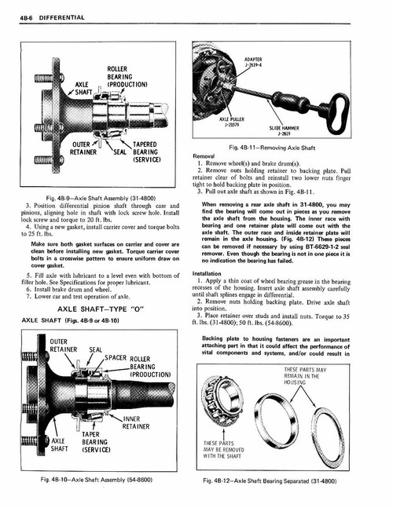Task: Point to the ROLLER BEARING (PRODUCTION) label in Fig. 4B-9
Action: click(x=121, y=78)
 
